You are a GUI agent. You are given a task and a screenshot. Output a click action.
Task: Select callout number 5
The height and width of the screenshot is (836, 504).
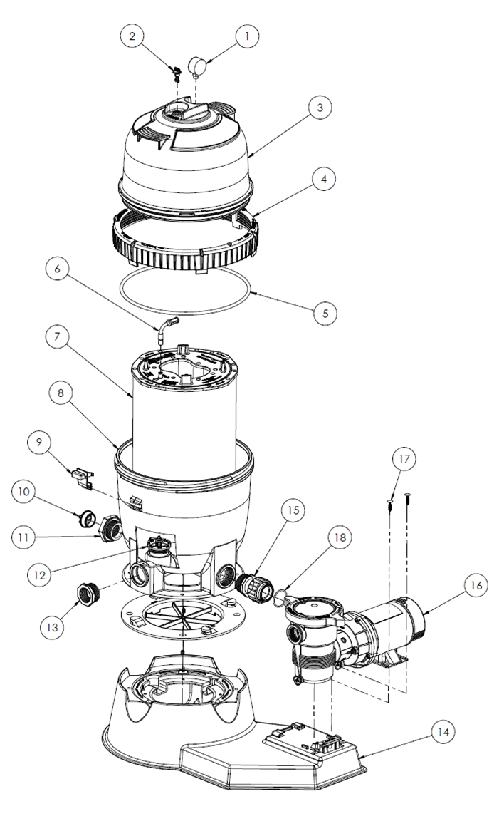coord(325,311)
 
